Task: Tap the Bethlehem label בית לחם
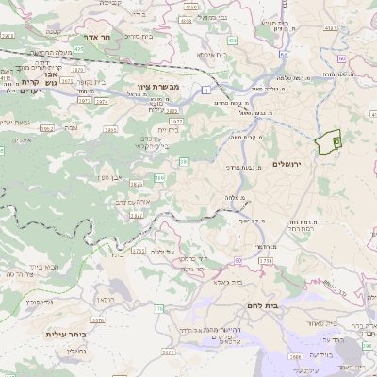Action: click(x=259, y=305)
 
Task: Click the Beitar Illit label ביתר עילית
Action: click(x=66, y=334)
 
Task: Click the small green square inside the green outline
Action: click(x=336, y=139)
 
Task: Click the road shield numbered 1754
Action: click(x=265, y=258)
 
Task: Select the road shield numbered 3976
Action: click(x=8, y=35)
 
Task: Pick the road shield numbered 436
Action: click(x=231, y=41)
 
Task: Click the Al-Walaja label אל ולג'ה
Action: click(x=164, y=253)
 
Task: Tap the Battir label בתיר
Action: click(x=117, y=254)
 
